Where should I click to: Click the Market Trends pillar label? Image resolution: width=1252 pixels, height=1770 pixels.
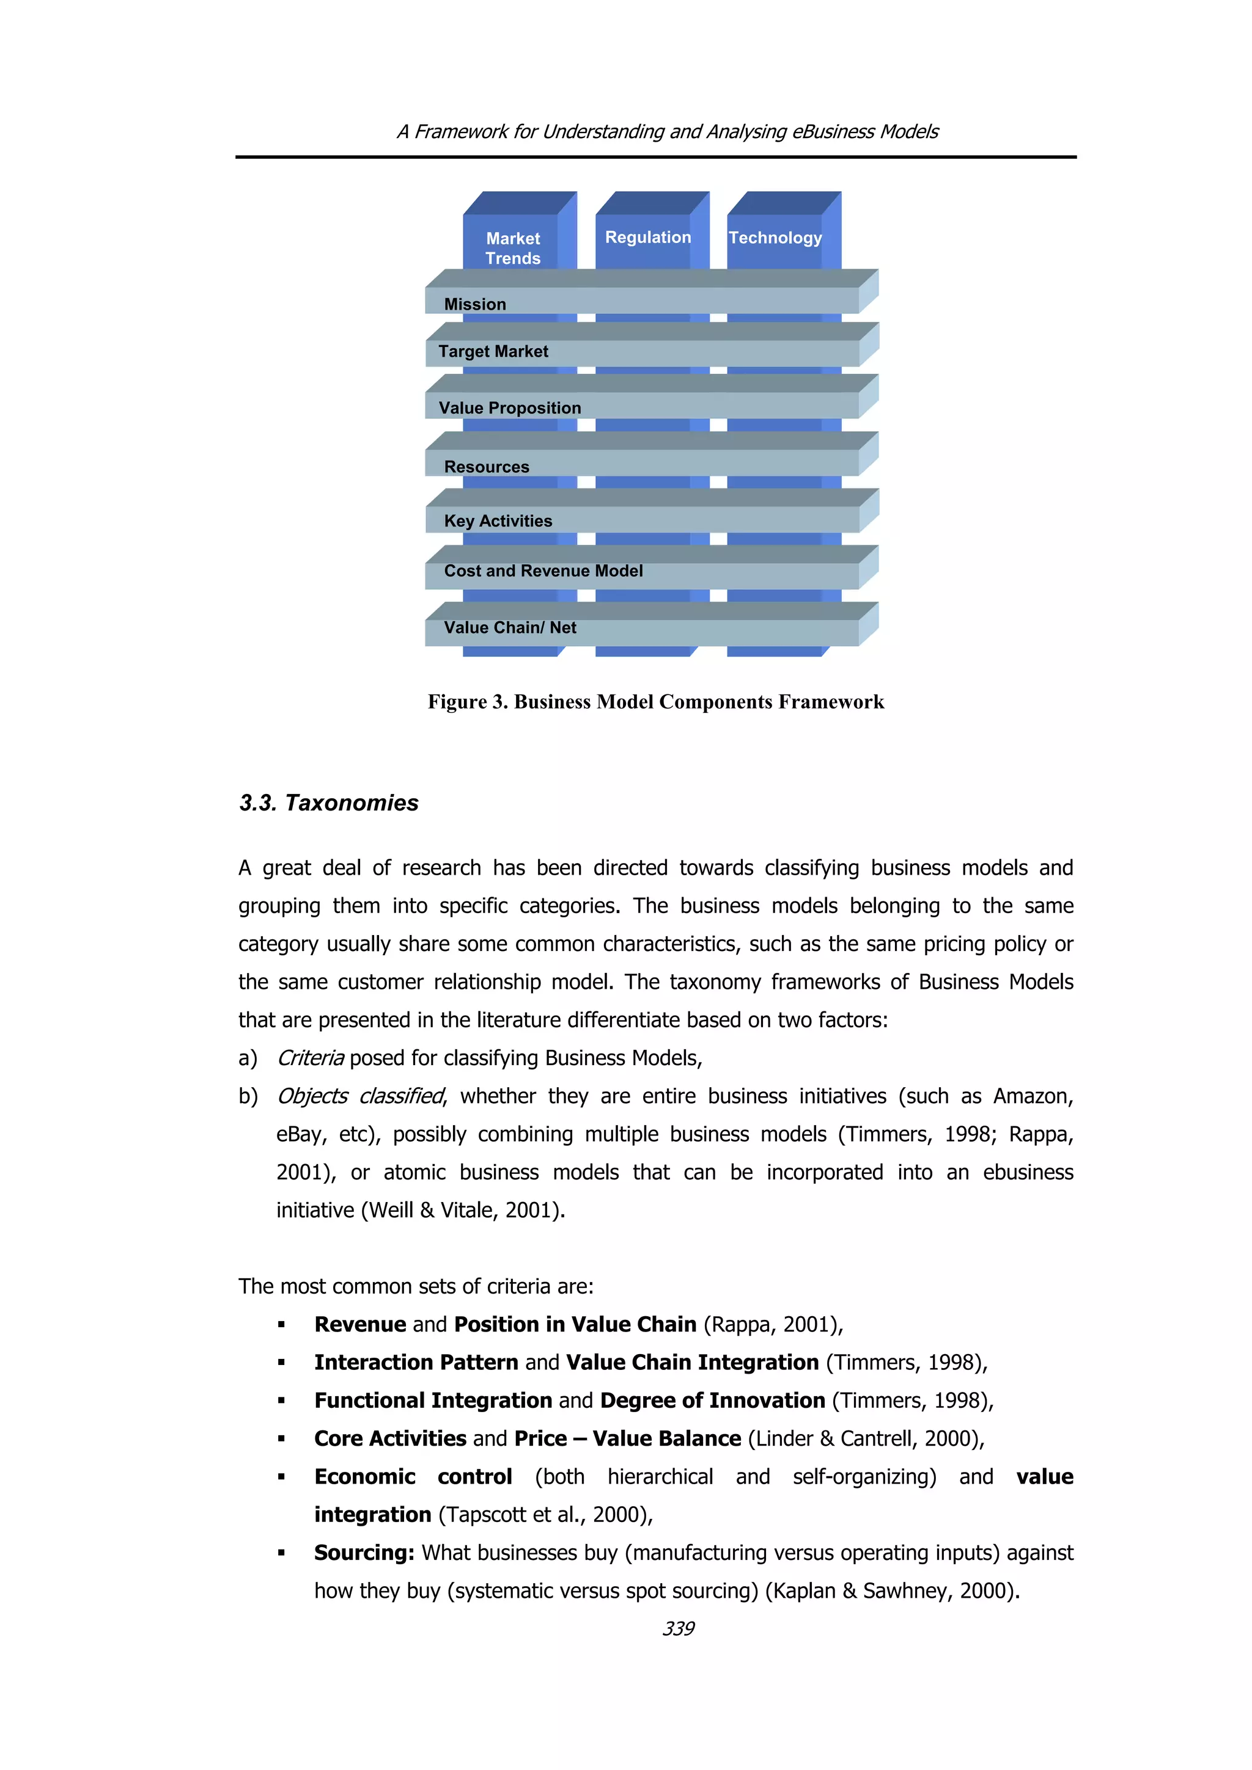click(513, 248)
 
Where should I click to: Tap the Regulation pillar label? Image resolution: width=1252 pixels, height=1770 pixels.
click(648, 238)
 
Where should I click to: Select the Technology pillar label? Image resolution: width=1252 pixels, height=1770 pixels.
click(775, 238)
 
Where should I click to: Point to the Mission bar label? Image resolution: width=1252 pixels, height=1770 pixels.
click(475, 305)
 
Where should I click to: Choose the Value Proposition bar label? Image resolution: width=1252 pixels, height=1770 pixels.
click(510, 408)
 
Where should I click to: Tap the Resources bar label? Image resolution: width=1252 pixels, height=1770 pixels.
click(487, 467)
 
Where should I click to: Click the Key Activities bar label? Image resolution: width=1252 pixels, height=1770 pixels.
click(498, 521)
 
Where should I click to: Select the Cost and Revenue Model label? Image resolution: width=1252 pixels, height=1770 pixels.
click(543, 571)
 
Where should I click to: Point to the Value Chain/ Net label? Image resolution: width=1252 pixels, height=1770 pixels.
click(510, 627)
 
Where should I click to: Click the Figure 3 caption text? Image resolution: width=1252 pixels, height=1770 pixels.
click(656, 702)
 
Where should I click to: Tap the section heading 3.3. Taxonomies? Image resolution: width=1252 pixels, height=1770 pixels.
click(329, 803)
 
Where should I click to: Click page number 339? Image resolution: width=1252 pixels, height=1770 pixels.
click(678, 1628)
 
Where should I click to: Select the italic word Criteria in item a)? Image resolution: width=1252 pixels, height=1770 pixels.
click(310, 1058)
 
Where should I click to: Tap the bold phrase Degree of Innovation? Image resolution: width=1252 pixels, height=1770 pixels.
click(712, 1400)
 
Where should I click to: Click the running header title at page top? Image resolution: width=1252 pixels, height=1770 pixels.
click(668, 132)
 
